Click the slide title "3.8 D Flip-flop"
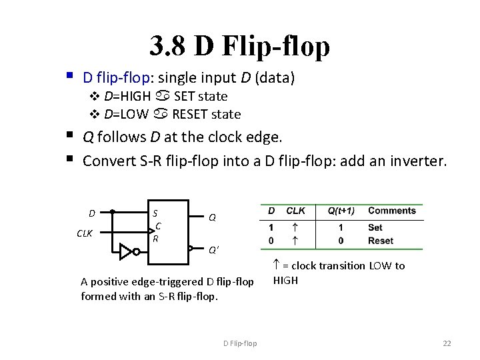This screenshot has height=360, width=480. [x=239, y=46]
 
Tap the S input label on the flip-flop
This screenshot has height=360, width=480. [x=155, y=213]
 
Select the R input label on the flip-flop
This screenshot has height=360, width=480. [x=155, y=238]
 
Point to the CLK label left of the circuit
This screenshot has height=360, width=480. [x=85, y=233]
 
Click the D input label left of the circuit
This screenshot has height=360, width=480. [x=93, y=213]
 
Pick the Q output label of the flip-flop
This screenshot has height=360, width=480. [x=212, y=217]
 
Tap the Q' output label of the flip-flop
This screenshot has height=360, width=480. [x=213, y=251]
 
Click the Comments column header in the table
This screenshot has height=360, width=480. [x=391, y=211]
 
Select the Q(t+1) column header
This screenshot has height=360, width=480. [x=341, y=211]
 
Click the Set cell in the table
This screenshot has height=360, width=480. [x=375, y=227]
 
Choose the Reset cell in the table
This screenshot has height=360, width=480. [x=381, y=240]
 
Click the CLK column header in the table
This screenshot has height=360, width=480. [x=295, y=211]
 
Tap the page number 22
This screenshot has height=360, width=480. [x=447, y=343]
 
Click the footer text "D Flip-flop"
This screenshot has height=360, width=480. [x=240, y=343]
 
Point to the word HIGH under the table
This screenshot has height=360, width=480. [x=286, y=281]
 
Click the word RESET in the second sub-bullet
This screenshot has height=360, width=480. [x=195, y=114]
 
